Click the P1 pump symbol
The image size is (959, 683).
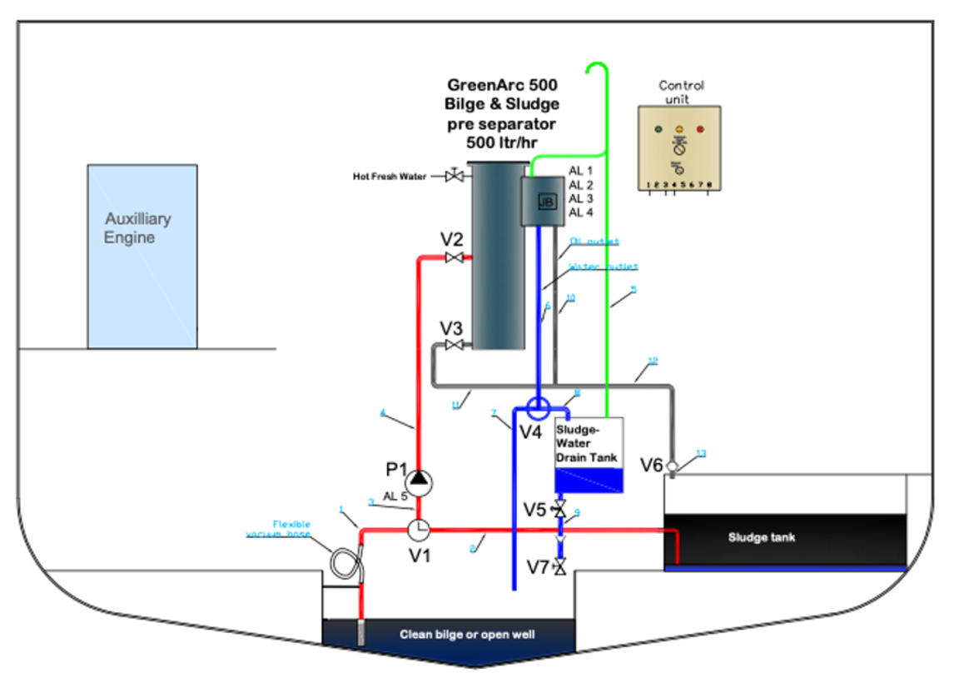coord(418,480)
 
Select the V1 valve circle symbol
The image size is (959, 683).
coord(418,528)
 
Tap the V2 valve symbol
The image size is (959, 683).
coord(455,257)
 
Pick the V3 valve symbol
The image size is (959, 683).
coord(455,345)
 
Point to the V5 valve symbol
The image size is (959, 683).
coord(559,508)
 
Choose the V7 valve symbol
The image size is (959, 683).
coord(559,567)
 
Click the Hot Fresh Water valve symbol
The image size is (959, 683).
coord(455,176)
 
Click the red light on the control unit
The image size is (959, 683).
coord(699,130)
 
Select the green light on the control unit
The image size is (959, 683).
coord(658,130)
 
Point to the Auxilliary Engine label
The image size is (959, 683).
coord(137,228)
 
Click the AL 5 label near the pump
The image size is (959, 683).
coord(395,496)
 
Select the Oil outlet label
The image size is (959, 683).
coord(594,242)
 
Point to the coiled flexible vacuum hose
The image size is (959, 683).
coord(344,565)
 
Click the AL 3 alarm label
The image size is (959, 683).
coord(581,198)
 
